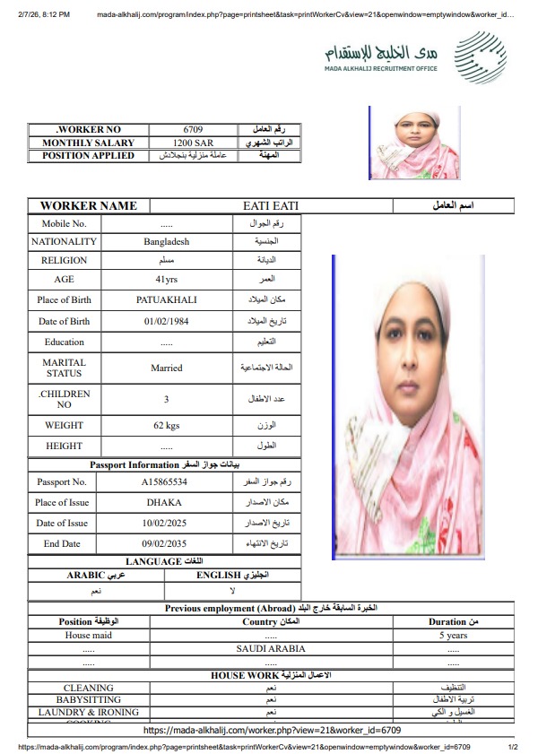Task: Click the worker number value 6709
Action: point(194,130)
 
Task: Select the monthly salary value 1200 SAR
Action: point(194,143)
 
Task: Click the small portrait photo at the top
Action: point(414,142)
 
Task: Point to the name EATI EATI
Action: point(271,206)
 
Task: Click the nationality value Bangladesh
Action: point(167,241)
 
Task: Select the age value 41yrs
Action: point(167,280)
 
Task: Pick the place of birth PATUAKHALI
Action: point(167,299)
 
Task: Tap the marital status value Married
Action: point(166,368)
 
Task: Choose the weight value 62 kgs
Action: point(167,425)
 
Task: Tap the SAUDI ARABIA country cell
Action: point(271,648)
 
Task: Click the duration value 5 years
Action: point(453,635)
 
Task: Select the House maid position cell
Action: point(89,635)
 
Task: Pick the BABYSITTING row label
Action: point(89,699)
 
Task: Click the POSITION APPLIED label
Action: point(88,155)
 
